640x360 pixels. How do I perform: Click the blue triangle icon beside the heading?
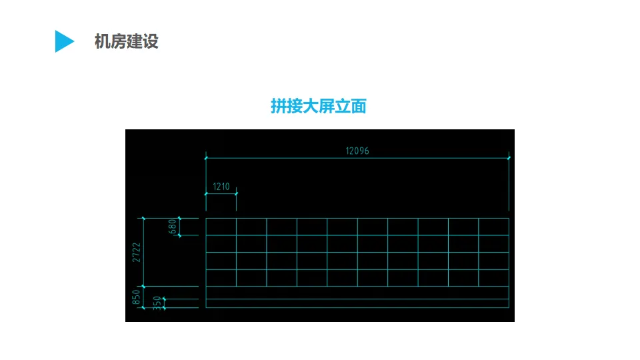63,41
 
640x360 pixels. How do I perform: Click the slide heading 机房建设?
126,41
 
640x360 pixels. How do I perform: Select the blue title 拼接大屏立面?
319,106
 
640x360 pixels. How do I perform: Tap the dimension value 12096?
357,151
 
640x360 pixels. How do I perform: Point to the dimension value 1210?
221,187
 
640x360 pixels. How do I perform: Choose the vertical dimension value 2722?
136,252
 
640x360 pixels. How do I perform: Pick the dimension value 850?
136,297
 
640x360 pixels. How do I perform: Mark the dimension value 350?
157,303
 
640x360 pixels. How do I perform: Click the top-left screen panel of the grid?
221,227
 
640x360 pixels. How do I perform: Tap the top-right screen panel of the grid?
494,227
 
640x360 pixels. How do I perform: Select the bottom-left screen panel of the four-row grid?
221,278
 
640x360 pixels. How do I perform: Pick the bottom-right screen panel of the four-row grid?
494,278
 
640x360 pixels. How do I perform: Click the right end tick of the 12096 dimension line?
509,158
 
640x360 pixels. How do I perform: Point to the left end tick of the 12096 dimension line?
206,158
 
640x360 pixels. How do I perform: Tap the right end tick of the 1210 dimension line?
237,193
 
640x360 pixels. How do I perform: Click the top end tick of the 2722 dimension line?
143,218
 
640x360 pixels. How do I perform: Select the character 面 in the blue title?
359,106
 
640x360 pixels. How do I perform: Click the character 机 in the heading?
102,41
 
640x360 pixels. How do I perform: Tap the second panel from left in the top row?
251,227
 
